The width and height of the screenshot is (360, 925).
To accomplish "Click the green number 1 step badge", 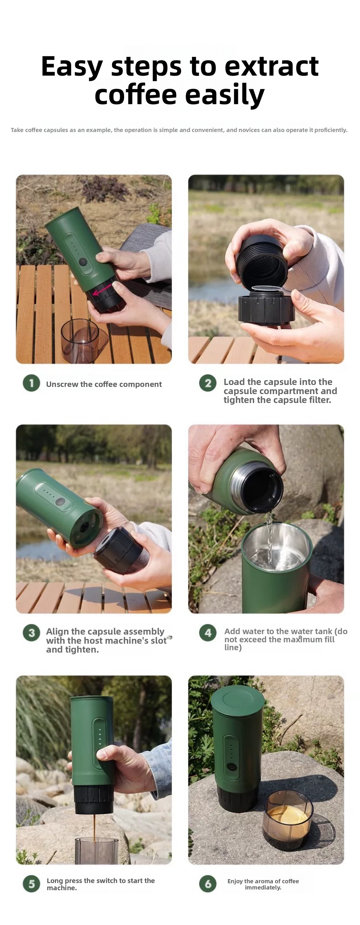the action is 32,383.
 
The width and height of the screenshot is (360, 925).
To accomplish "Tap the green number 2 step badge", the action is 208,383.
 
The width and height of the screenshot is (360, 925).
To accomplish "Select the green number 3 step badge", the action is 32,633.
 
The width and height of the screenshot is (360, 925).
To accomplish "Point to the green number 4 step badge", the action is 208,633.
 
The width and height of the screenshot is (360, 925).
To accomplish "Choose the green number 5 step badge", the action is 32,884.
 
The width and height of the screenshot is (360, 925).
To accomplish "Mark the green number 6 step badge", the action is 208,884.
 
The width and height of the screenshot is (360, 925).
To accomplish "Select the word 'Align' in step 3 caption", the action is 57,631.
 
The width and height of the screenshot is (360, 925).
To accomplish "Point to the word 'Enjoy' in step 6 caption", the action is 235,881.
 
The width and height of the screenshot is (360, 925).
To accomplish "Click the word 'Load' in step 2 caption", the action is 234,382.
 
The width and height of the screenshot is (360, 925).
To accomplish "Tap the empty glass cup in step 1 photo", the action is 80,340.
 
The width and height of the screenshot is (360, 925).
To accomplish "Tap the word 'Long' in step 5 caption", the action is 54,881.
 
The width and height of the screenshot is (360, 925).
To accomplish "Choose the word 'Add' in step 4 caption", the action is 232,631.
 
